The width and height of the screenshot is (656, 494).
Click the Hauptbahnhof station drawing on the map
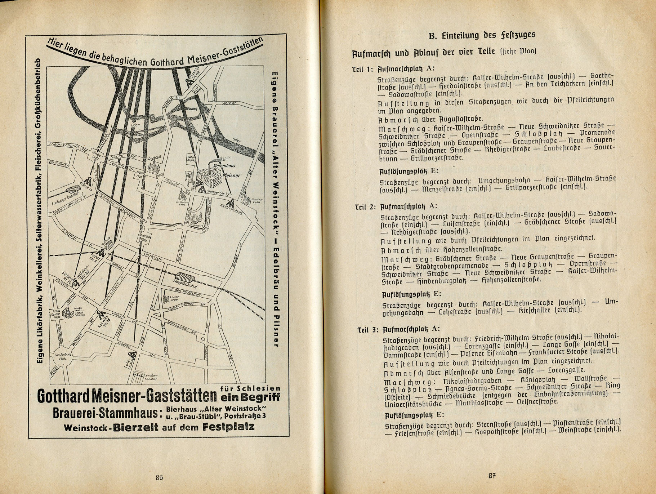184,278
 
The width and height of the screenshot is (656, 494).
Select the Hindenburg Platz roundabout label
63,356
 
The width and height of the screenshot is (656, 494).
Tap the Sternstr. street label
229,103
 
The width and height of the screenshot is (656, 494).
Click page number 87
492,476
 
